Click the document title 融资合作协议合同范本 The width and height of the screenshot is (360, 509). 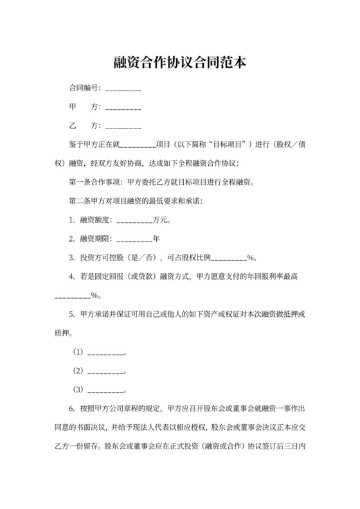180,64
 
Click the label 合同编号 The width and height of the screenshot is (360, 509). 83,88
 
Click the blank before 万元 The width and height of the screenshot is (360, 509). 134,220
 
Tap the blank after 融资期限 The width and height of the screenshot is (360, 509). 134,239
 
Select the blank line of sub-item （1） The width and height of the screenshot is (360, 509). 105,352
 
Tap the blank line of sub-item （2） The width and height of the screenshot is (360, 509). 105,371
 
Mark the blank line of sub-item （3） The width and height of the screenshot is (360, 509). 105,389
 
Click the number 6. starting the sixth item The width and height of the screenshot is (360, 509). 71,409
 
